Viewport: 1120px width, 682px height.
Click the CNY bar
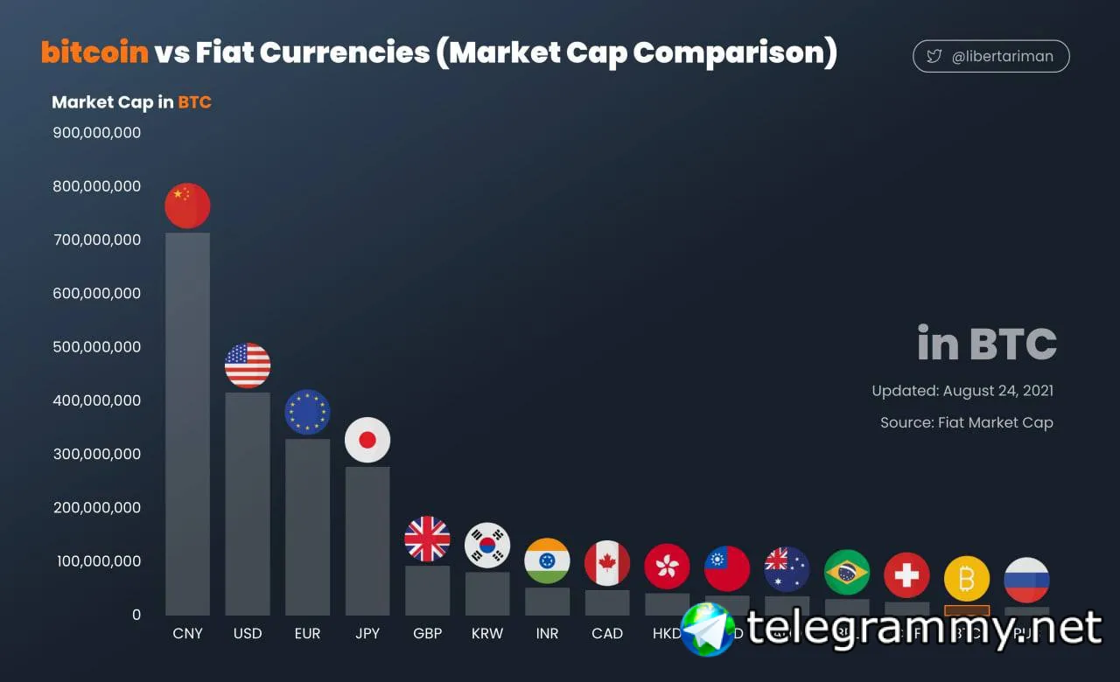pyautogui.click(x=187, y=424)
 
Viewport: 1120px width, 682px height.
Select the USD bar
pyautogui.click(x=248, y=503)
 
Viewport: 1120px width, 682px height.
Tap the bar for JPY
pyautogui.click(x=367, y=540)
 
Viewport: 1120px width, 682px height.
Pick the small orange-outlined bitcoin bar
pyautogui.click(x=967, y=610)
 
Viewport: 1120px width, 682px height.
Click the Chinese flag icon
pyautogui.click(x=187, y=205)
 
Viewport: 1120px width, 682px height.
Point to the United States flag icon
pyautogui.click(x=248, y=365)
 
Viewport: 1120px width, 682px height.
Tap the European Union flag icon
pyautogui.click(x=307, y=412)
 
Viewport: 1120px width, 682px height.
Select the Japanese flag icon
pyautogui.click(x=367, y=440)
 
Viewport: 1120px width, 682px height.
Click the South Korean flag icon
pyautogui.click(x=487, y=546)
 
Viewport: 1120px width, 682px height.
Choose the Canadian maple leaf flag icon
pyautogui.click(x=607, y=563)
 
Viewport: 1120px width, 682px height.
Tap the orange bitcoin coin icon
pyautogui.click(x=967, y=579)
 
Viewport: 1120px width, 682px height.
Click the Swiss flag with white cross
pyautogui.click(x=906, y=574)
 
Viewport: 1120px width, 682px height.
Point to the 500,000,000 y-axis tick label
pyautogui.click(x=96, y=347)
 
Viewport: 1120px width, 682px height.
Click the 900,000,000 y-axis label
pyautogui.click(x=96, y=133)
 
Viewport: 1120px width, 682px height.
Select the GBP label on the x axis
pyautogui.click(x=427, y=633)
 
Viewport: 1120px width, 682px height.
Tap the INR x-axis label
pyautogui.click(x=547, y=633)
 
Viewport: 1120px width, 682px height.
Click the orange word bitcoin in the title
pyautogui.click(x=94, y=52)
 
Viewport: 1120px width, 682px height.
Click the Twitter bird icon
pyautogui.click(x=934, y=57)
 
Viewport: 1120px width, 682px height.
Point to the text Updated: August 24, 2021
pyautogui.click(x=962, y=391)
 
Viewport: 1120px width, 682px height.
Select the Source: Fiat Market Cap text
pyautogui.click(x=967, y=422)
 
